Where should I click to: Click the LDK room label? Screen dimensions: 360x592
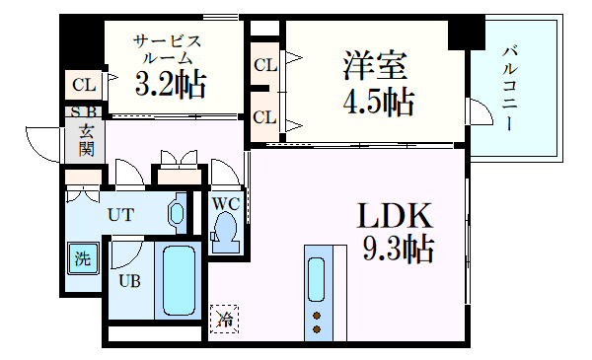394,216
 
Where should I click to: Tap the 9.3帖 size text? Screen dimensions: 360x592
398,250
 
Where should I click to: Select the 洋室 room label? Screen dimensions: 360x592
376,67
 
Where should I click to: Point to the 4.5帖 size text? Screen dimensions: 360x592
378,101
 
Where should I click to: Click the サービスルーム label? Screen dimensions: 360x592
168,49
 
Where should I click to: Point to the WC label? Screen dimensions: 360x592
226,202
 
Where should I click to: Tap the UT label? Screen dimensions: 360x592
121,214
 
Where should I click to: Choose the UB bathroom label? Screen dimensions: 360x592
129,280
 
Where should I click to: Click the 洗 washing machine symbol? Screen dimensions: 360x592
83,261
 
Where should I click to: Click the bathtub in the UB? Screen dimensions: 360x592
179,280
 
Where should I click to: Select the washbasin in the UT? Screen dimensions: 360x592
178,213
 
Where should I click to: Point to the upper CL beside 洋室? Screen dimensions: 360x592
264,66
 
